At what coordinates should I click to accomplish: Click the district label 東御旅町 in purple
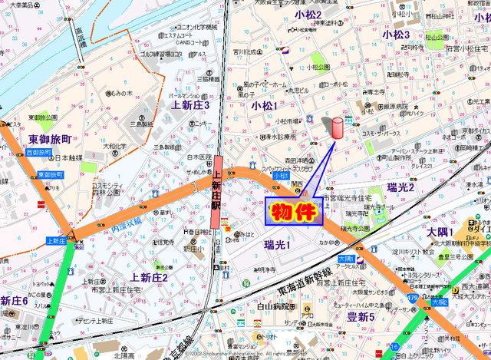pyautogui.click(x=49, y=140)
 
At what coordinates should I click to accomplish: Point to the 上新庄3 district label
pyautogui.click(x=189, y=104)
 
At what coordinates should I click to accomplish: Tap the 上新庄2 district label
pyautogui.click(x=149, y=277)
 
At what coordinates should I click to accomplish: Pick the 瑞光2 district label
pyautogui.click(x=400, y=187)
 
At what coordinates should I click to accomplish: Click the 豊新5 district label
pyautogui.click(x=361, y=316)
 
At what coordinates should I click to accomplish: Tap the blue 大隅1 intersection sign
pyautogui.click(x=346, y=259)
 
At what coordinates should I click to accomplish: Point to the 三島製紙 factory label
pyautogui.click(x=142, y=124)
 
